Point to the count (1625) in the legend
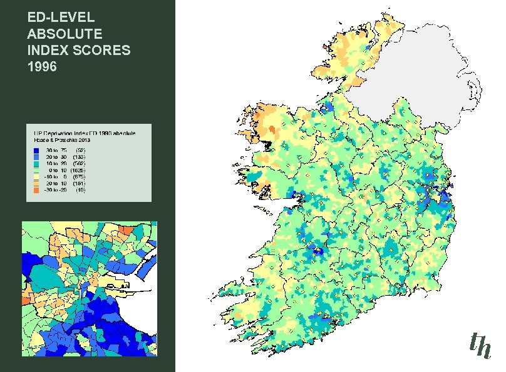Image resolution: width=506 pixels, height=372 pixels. [x=79, y=170]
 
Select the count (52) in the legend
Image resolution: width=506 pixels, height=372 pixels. [x=81, y=150]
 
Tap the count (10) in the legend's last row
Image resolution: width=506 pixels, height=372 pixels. [x=81, y=189]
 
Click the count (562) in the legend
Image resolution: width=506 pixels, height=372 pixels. [x=80, y=163]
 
